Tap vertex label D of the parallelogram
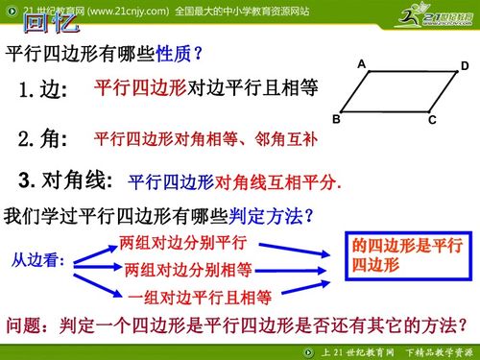(x=465, y=66)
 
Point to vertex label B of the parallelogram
(x=336, y=118)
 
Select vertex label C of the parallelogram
(x=433, y=120)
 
